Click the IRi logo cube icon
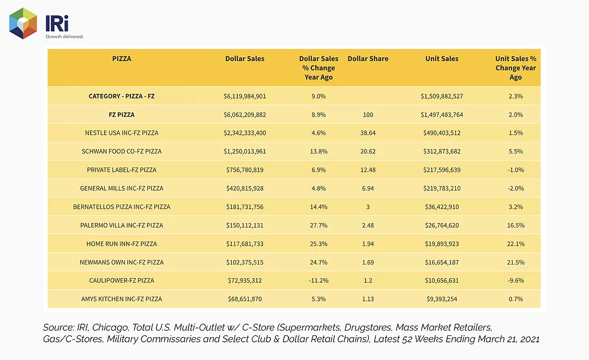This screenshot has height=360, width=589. coord(23,23)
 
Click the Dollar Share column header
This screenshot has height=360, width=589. coord(368,58)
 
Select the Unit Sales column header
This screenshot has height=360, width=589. coord(442,58)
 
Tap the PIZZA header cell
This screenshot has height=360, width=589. coord(122,58)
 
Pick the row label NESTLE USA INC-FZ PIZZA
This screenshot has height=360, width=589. coord(122,133)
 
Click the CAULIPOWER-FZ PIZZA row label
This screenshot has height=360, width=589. coord(122,280)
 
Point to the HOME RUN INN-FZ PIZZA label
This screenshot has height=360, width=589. coord(122,243)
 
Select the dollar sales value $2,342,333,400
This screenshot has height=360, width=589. coord(245,133)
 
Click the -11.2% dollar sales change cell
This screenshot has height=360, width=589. coord(318,280)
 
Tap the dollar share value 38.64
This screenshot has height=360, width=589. coord(368,133)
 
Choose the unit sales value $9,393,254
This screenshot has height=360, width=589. coord(442,299)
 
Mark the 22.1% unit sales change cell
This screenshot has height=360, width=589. coord(516,243)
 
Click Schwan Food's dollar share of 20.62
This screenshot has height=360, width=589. coord(368,152)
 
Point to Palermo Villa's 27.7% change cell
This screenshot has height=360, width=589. coord(318,225)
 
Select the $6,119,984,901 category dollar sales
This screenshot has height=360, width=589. coord(245,96)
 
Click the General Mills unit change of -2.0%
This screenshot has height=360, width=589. coord(516,188)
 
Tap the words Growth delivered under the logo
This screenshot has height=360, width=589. coord(64,37)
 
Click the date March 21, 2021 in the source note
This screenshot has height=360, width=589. coord(508,339)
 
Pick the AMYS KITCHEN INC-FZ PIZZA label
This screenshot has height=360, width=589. coord(122,299)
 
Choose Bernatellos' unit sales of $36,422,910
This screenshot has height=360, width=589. coord(442,207)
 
